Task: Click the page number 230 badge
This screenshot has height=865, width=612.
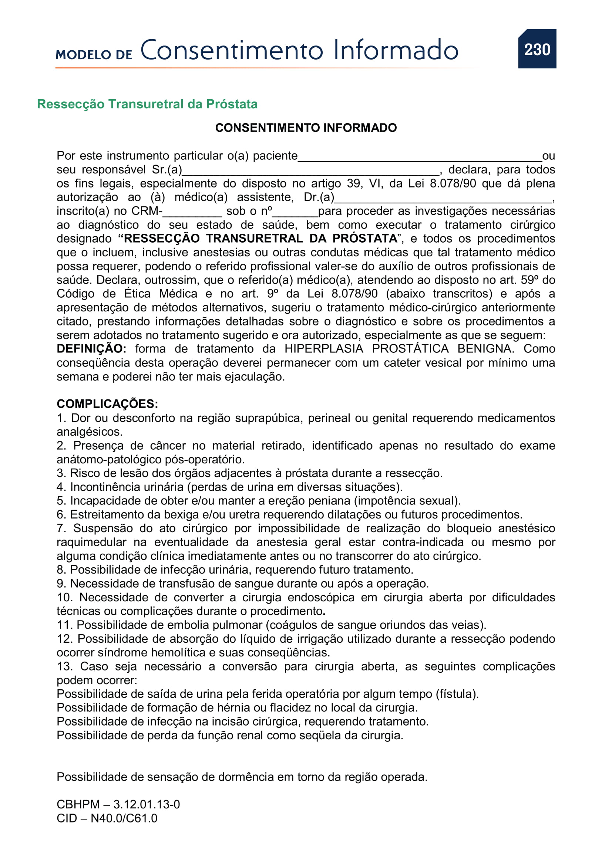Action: (537, 49)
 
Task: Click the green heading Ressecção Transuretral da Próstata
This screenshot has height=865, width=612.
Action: (147, 104)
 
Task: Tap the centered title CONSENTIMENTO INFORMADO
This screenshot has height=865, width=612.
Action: (306, 128)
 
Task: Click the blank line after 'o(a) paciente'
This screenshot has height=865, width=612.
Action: (420, 158)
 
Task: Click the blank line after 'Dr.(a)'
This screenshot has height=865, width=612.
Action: (443, 199)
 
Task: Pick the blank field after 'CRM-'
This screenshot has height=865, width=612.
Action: (192, 213)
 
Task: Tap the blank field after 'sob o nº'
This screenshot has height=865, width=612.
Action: (295, 213)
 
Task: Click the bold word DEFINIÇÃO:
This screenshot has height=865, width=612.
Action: (91, 349)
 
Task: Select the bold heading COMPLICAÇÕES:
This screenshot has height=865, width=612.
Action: (107, 404)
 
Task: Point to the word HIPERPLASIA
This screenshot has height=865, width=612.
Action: (324, 349)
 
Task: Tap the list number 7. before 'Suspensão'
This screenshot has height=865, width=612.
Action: (61, 528)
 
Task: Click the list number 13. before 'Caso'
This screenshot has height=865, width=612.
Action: (64, 666)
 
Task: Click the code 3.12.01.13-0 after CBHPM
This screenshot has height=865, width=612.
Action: (147, 804)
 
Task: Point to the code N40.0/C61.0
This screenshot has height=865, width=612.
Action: (124, 818)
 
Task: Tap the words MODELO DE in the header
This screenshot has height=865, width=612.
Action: (94, 55)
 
